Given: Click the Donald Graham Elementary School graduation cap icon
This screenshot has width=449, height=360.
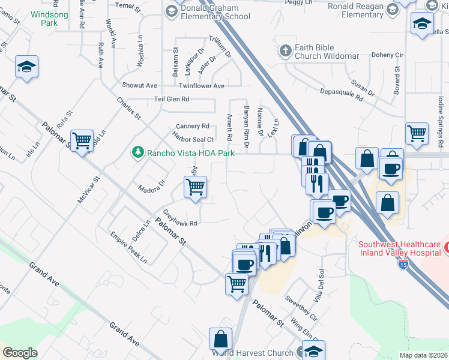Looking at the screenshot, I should coord(171,10).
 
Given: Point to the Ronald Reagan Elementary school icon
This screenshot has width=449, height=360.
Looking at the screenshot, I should coord(393,8).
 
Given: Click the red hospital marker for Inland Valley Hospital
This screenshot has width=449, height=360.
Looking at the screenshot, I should coord(446,247).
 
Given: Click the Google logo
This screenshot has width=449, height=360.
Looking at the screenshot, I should coord(20,353).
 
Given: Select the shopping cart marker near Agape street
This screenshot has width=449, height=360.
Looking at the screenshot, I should coord(195,187).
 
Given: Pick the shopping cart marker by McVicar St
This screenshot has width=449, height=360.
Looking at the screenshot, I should coord(82,141).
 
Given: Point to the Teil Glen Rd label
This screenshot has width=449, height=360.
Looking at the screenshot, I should coord(172,99).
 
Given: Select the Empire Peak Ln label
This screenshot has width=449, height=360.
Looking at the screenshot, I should coord(129,248).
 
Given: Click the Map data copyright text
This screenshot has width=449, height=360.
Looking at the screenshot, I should coord(423,355).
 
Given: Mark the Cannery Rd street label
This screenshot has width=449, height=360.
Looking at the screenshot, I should coord(192,126).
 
